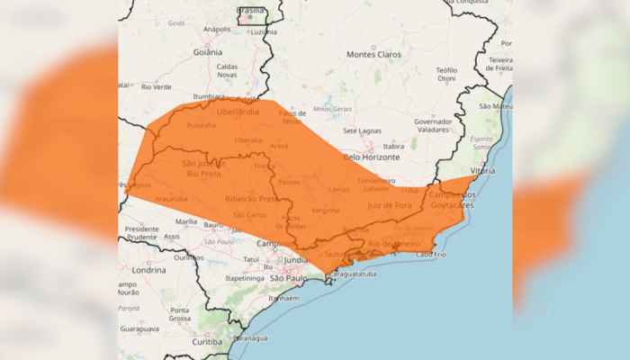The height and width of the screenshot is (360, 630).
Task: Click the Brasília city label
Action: pos(250,10)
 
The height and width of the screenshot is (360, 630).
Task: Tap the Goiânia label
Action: pos(207,52)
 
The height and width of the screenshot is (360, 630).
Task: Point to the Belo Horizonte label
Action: pos(370,156)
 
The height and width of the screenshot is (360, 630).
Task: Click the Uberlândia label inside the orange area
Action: pos(238,112)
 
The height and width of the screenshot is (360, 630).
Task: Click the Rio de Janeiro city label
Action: pos(392,244)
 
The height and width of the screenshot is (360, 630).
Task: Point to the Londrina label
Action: pos(148,269)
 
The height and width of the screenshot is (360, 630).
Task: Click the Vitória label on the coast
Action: pos(482,170)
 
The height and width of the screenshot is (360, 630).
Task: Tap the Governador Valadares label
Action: pos(433,125)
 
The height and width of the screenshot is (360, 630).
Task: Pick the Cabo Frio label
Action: pos(430,255)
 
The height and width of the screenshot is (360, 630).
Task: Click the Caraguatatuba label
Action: pos(350,274)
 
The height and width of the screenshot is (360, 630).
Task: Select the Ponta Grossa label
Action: pos(180,313)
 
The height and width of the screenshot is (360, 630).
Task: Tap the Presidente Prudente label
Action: pos(141,233)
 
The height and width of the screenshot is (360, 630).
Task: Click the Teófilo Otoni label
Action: pos(446,74)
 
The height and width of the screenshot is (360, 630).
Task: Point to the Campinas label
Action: pos(274,244)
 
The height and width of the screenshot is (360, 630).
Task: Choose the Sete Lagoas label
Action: pos(363,130)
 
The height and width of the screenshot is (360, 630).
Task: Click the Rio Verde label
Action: pos(157,86)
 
